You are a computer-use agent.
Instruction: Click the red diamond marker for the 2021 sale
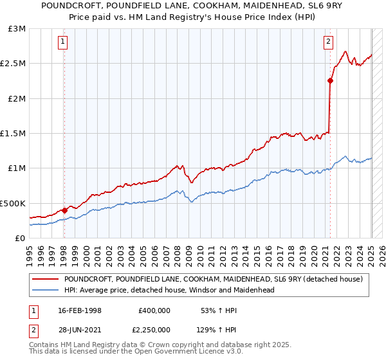click(330, 81)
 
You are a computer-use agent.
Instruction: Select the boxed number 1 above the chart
click(64, 42)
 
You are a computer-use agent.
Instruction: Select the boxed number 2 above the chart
click(328, 42)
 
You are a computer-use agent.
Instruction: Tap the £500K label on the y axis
click(14, 203)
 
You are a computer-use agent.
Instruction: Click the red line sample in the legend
click(45, 279)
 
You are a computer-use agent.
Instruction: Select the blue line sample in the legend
click(45, 290)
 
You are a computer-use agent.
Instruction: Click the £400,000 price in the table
click(154, 310)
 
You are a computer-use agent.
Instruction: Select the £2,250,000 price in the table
click(151, 329)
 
